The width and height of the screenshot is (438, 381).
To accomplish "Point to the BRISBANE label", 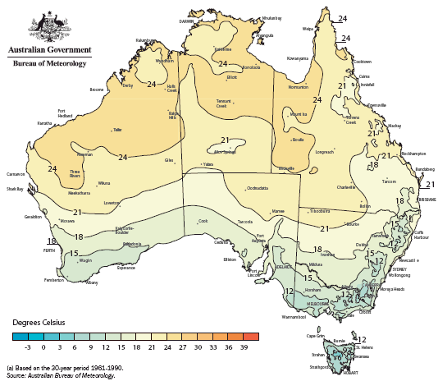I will click(425, 199).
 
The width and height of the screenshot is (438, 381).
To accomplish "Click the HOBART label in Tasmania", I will click(349, 372).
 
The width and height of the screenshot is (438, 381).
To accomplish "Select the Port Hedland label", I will click(66, 113).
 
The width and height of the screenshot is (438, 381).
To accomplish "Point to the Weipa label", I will click(308, 28).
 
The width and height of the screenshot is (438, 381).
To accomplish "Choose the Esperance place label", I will click(125, 268).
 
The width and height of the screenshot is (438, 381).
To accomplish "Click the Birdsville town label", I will click(286, 168).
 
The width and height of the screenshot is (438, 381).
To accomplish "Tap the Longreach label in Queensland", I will click(325, 152).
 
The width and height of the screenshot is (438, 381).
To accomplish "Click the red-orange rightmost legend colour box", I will click(251, 336).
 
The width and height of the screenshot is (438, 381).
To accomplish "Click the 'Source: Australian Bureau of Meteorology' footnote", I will click(61, 374).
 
